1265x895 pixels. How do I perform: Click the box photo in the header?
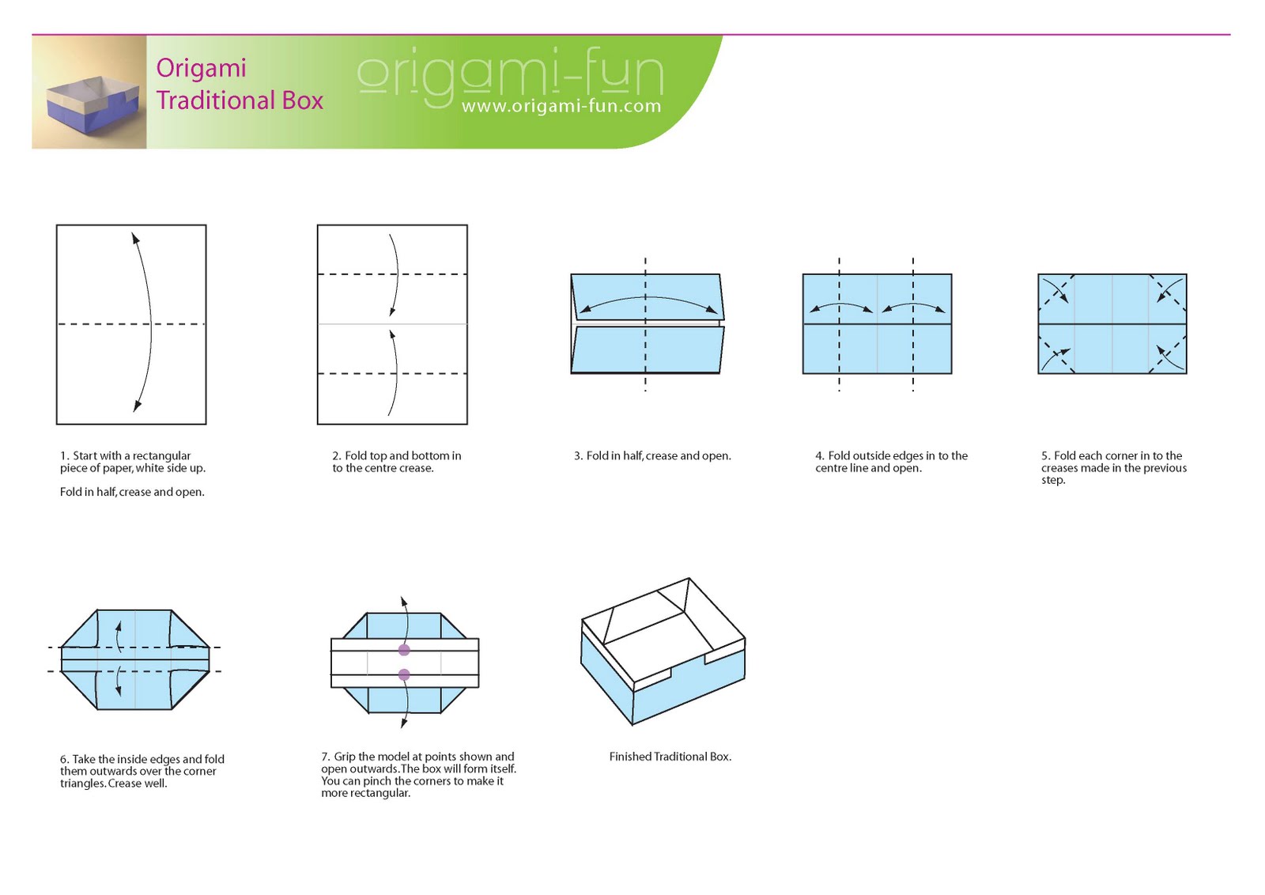point(89,93)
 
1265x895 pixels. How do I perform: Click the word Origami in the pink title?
point(201,68)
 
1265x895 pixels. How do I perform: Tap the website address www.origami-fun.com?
point(561,106)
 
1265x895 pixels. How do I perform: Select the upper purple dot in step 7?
point(404,650)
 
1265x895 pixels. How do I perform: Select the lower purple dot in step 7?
point(404,674)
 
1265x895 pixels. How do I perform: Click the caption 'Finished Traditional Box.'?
point(670,757)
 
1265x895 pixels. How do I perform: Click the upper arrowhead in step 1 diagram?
point(134,238)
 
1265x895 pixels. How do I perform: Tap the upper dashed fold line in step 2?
point(392,274)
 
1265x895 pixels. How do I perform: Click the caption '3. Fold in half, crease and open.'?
point(652,455)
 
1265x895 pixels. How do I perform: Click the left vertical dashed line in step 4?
point(840,324)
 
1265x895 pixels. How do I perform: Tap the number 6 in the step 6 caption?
point(63,759)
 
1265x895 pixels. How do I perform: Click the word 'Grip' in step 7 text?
point(345,757)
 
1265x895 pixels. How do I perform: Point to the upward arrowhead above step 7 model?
point(403,602)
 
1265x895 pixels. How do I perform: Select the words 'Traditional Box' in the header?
point(240,100)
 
